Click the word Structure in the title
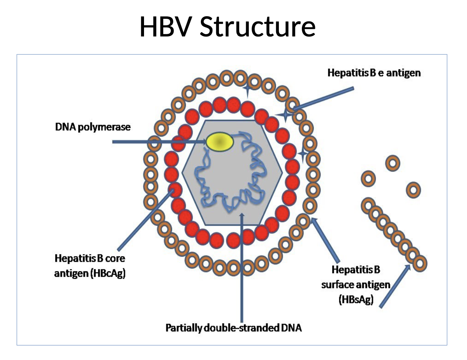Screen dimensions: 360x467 pos(257,27)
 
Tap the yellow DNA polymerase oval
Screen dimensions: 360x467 pos(220,142)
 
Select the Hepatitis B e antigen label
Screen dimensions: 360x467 pos(374,73)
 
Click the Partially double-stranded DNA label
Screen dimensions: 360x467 pos(233,328)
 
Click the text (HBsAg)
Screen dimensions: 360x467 pos(356,300)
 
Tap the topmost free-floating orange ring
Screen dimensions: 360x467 pos(392,163)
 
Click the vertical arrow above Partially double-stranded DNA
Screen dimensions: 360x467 pos(241,269)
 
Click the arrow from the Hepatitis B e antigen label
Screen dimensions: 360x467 pos(323,99)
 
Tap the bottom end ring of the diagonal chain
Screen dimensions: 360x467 pos(420,263)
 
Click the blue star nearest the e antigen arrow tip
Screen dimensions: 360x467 pos(285,115)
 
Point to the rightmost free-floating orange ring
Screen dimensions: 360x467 pos(413,189)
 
